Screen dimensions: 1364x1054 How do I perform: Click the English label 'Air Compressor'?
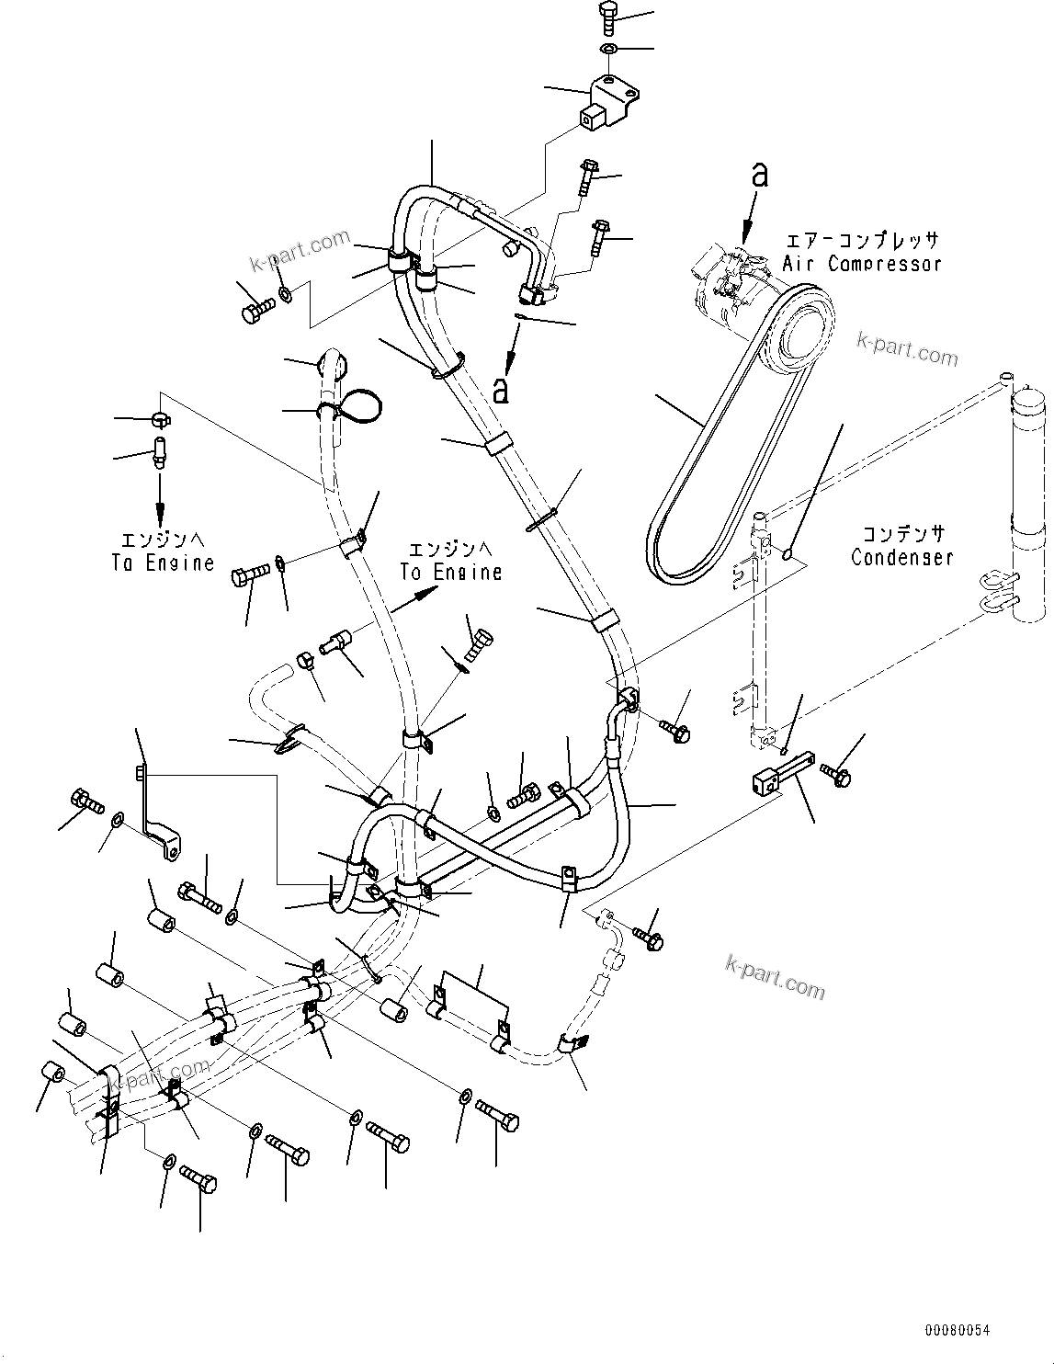[x=862, y=264]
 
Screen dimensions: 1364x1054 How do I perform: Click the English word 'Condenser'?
[x=901, y=557]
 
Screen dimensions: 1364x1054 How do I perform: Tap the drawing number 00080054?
[x=958, y=1329]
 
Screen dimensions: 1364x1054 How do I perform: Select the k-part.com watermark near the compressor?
[x=906, y=349]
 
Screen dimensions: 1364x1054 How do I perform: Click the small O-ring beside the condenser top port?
[x=788, y=553]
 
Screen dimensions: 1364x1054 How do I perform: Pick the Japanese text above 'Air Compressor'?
[x=861, y=241]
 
